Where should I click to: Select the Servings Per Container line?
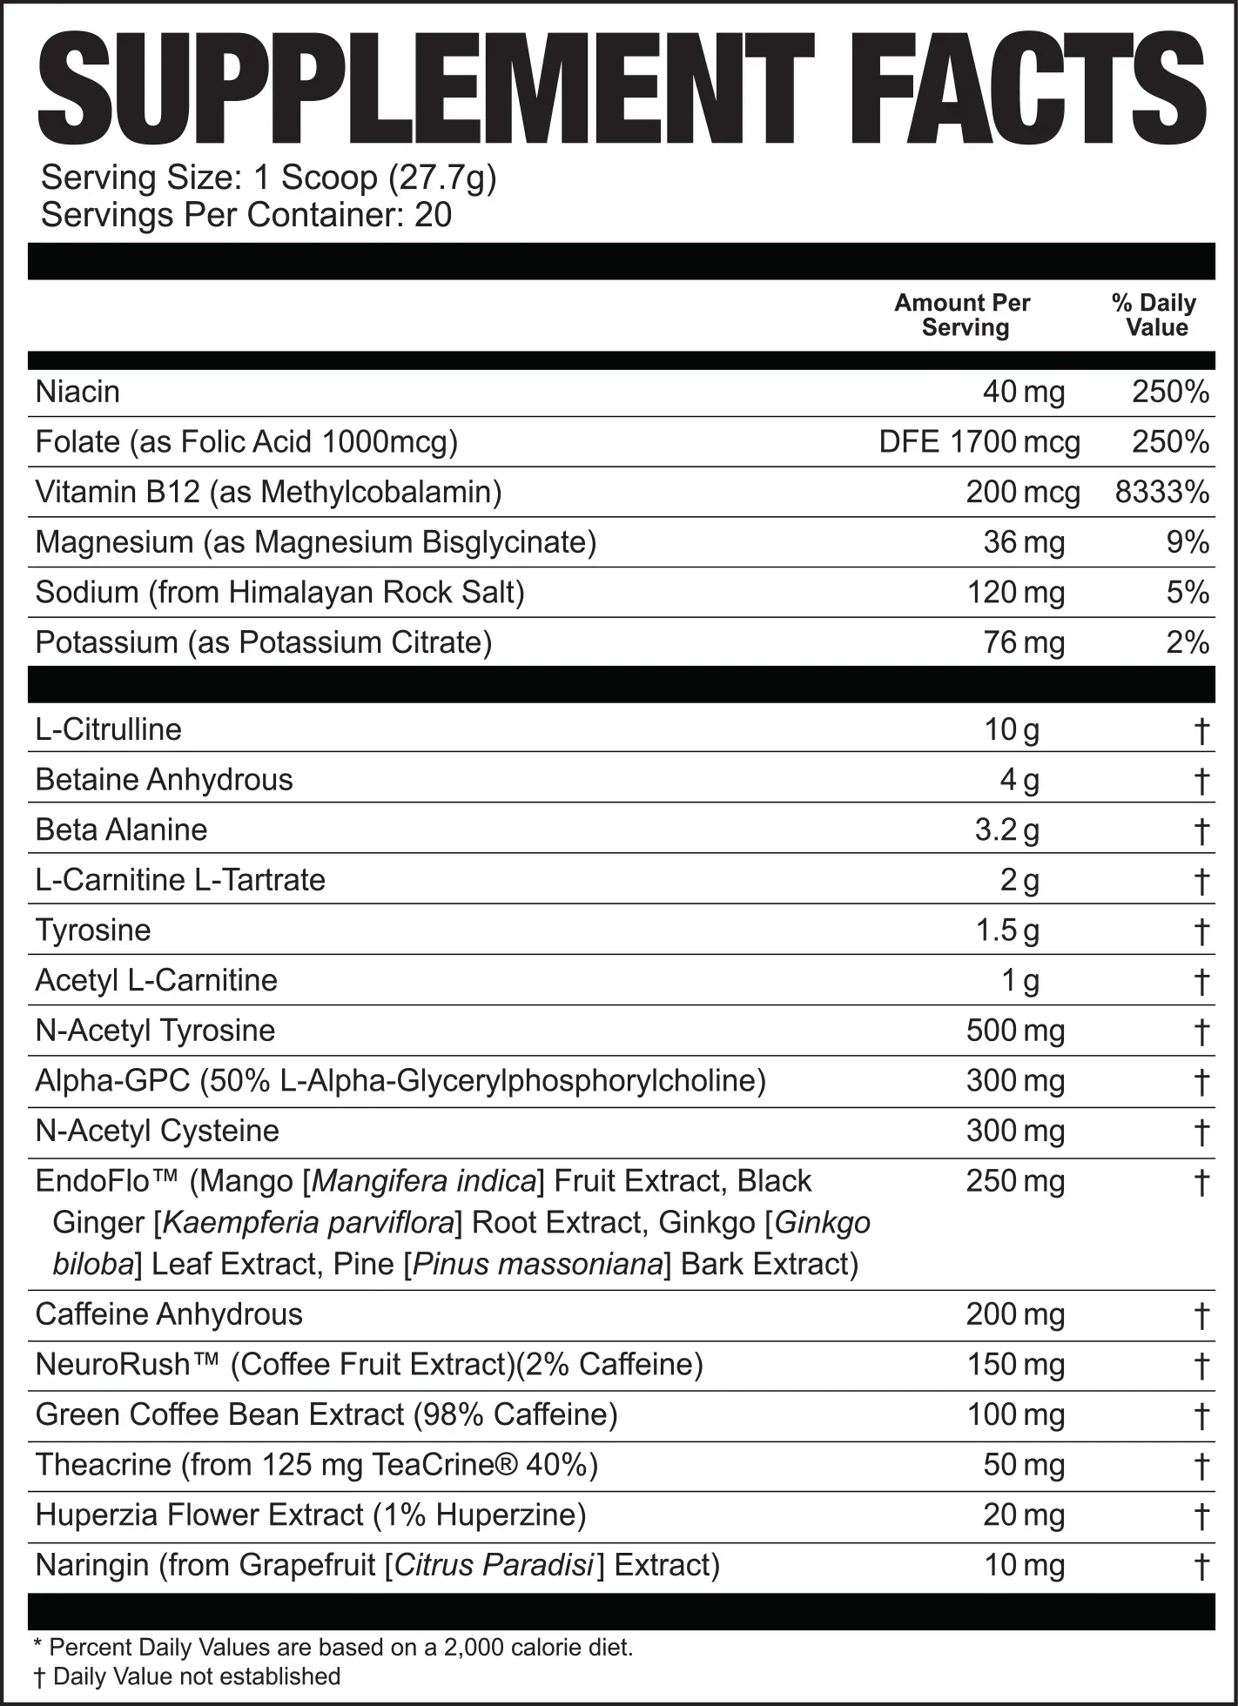tap(246, 215)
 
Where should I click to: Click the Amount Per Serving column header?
tap(963, 315)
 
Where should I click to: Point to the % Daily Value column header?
tap(1155, 315)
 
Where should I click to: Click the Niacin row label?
tap(77, 392)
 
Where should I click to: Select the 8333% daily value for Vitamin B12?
tap(1161, 493)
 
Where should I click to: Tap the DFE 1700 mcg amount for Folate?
tap(979, 442)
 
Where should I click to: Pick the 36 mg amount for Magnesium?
tap(1023, 542)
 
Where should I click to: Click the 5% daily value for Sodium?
tap(1188, 593)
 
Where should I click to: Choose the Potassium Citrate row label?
tap(263, 642)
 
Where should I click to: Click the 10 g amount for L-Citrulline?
tap(1012, 729)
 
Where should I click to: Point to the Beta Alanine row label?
tap(121, 829)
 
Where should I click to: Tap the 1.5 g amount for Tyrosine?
tap(1006, 930)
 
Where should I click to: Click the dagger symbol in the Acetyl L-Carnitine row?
tap(1201, 982)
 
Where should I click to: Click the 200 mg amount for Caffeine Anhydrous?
tap(1015, 1314)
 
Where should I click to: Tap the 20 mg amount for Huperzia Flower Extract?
tap(1023, 1515)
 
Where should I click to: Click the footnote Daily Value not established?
tap(196, 1676)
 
